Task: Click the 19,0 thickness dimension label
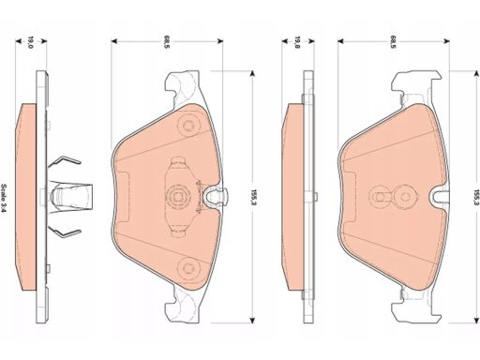tap(31, 42)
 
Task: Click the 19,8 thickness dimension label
tap(297, 42)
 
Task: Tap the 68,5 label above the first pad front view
tap(166, 42)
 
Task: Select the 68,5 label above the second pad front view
tap(393, 42)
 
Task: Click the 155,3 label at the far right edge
tap(476, 197)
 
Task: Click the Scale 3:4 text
tap(5, 197)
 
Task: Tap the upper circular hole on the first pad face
tap(187, 126)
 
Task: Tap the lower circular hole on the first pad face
tap(187, 267)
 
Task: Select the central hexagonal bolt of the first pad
tap(177, 197)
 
